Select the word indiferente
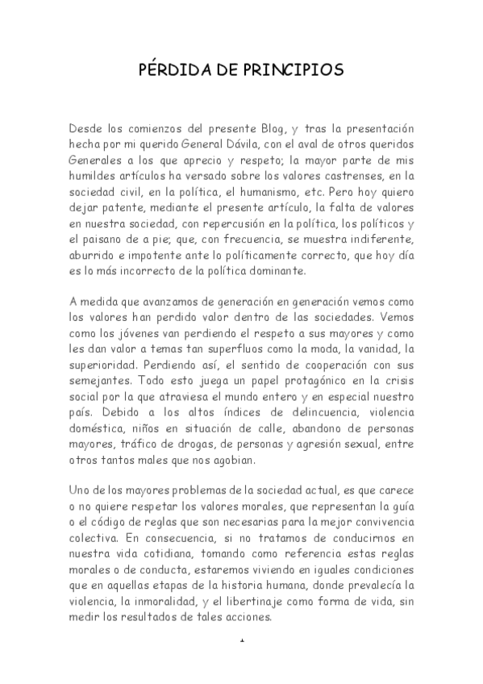[x=379, y=243]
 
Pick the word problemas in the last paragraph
[x=195, y=493]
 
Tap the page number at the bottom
[x=242, y=641]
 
